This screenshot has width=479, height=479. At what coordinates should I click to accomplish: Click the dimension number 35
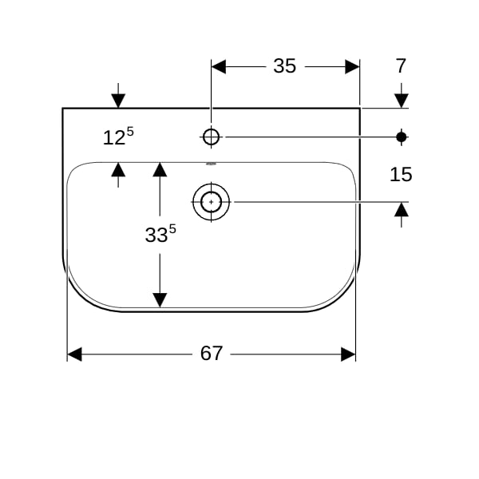pos(284,66)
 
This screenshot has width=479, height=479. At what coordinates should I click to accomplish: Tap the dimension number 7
pos(401,66)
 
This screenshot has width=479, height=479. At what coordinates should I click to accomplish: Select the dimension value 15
pos(401,174)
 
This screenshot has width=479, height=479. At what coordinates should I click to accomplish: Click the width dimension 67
pos(212,353)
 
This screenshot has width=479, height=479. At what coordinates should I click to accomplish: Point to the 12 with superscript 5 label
pos(118,137)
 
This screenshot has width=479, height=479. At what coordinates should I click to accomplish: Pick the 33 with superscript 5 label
pos(160,234)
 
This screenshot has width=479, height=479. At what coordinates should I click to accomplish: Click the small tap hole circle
pos(211,137)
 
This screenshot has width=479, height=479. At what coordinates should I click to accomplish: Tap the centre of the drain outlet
pos(211,202)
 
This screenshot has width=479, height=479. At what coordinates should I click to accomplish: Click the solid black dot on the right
pos(401,137)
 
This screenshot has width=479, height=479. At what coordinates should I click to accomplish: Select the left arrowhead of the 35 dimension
pos(219,66)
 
